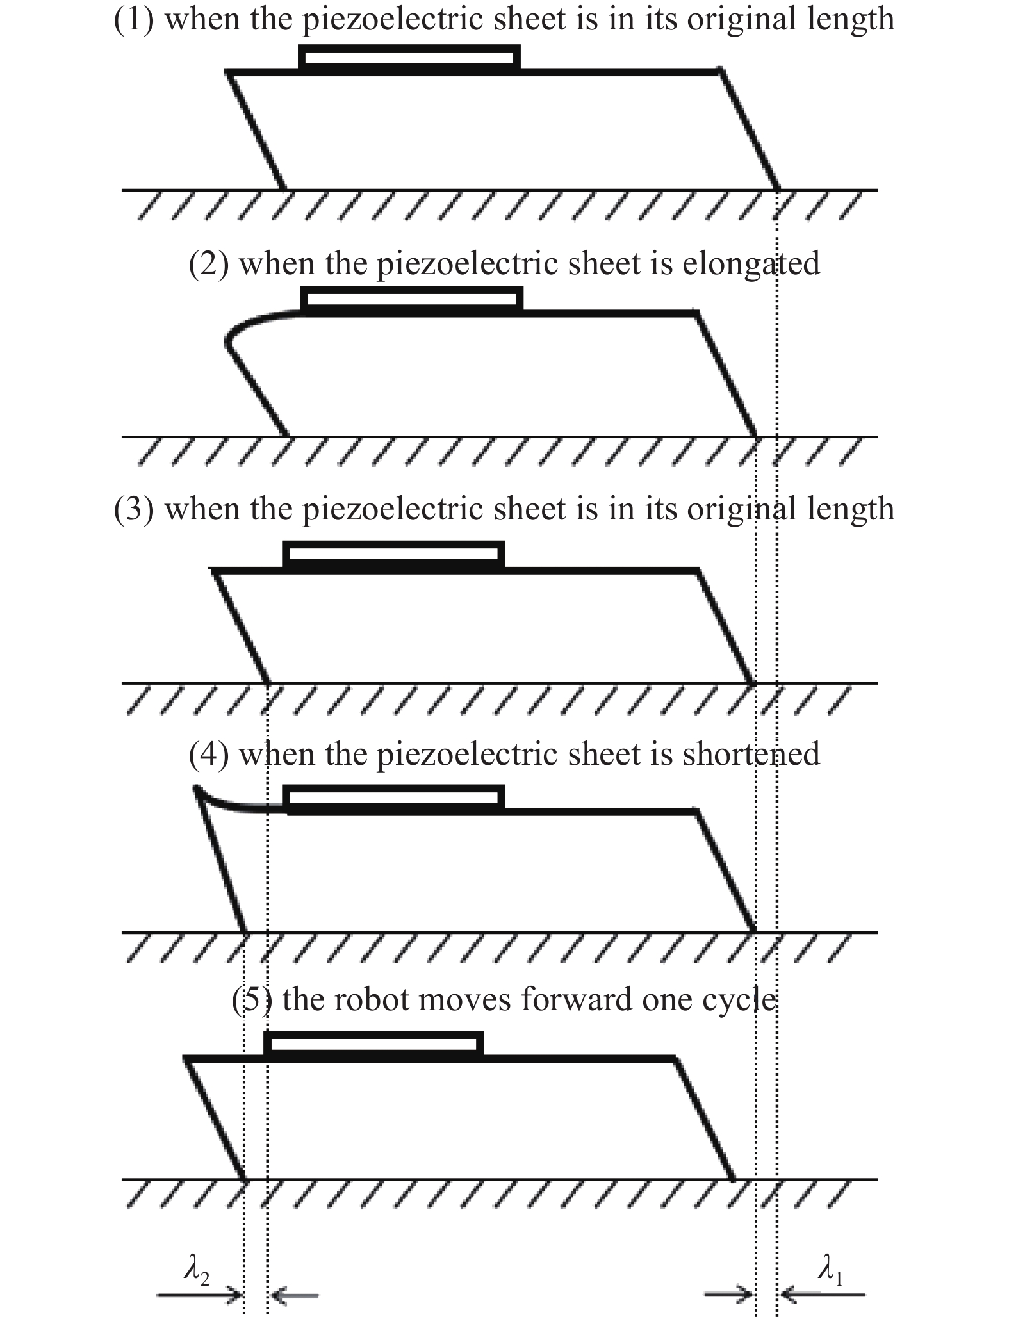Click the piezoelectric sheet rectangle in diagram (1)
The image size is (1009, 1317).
(x=409, y=57)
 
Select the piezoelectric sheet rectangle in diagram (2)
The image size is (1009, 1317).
(x=412, y=299)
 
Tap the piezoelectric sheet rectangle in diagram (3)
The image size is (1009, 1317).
(x=393, y=554)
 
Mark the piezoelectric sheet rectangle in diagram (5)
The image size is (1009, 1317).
(x=374, y=1044)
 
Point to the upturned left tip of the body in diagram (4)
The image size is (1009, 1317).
(x=196, y=790)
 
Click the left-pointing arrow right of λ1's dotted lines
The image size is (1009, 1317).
(x=822, y=1295)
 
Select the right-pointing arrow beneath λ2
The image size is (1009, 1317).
(x=200, y=1295)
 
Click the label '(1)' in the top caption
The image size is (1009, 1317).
(x=134, y=19)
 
